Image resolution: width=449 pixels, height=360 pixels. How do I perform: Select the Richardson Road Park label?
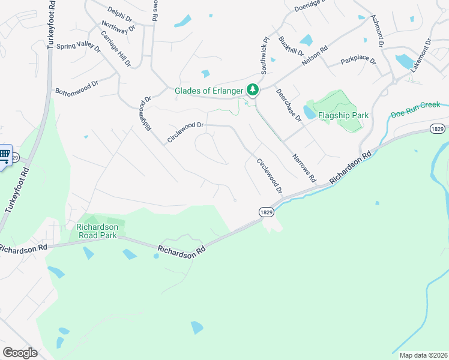[101, 231]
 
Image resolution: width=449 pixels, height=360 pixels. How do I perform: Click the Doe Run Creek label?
[415, 113]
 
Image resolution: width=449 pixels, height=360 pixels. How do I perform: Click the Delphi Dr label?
[119, 11]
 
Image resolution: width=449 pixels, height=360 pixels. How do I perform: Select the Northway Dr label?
[118, 27]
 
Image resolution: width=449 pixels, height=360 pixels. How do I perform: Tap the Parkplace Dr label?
[358, 61]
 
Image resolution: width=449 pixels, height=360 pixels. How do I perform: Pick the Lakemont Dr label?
[421, 56]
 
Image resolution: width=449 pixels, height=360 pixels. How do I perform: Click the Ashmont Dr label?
[377, 31]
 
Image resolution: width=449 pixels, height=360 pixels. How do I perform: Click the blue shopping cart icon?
[4, 155]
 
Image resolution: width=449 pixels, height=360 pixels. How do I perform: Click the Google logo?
[20, 353]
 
